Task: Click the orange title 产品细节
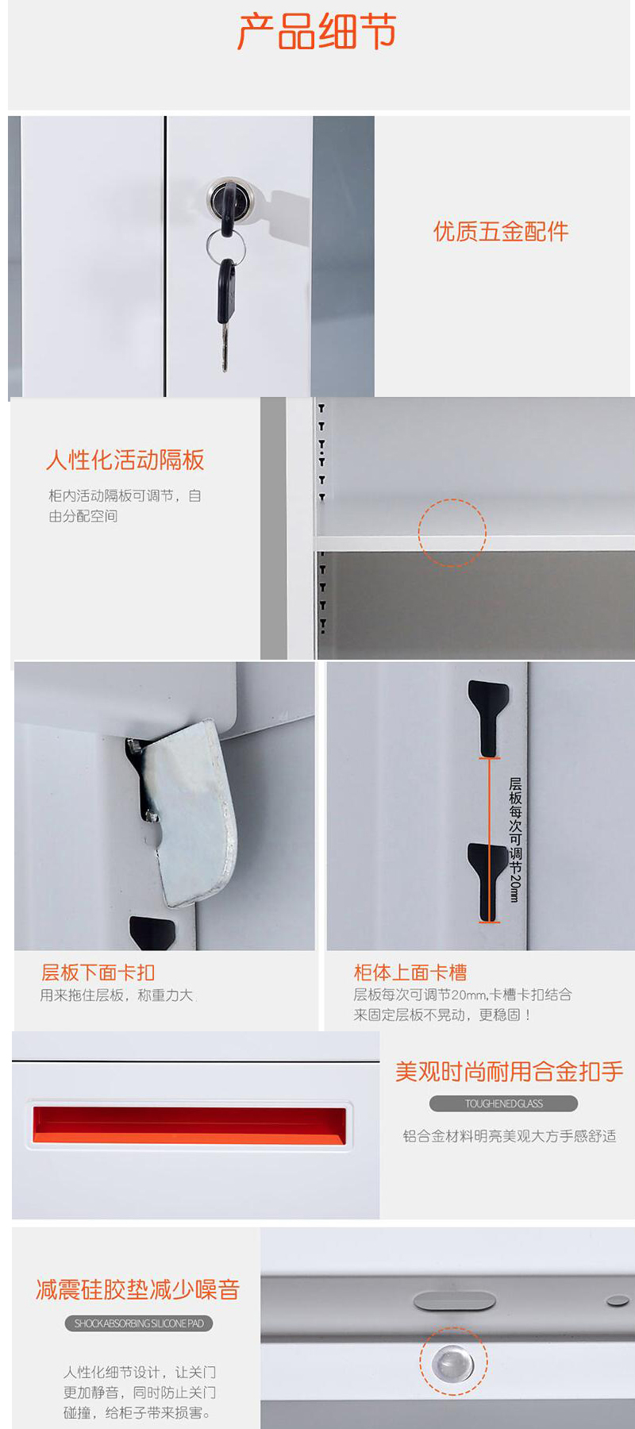pyautogui.click(x=317, y=32)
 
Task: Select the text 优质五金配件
pyautogui.click(x=501, y=231)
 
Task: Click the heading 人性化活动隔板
pyautogui.click(x=125, y=460)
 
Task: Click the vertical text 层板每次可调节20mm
pyautogui.click(x=515, y=839)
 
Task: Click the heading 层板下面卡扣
pyautogui.click(x=98, y=973)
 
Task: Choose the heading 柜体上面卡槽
pyautogui.click(x=410, y=973)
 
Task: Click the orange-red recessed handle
pyautogui.click(x=190, y=1125)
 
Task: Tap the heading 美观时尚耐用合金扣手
pyautogui.click(x=509, y=1072)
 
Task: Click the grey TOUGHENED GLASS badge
pyautogui.click(x=503, y=1104)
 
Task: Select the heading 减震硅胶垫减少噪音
pyautogui.click(x=137, y=1289)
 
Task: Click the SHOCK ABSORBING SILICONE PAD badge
pyautogui.click(x=139, y=1323)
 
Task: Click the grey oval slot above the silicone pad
pyautogui.click(x=454, y=1300)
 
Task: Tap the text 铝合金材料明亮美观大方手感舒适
pyautogui.click(x=509, y=1136)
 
